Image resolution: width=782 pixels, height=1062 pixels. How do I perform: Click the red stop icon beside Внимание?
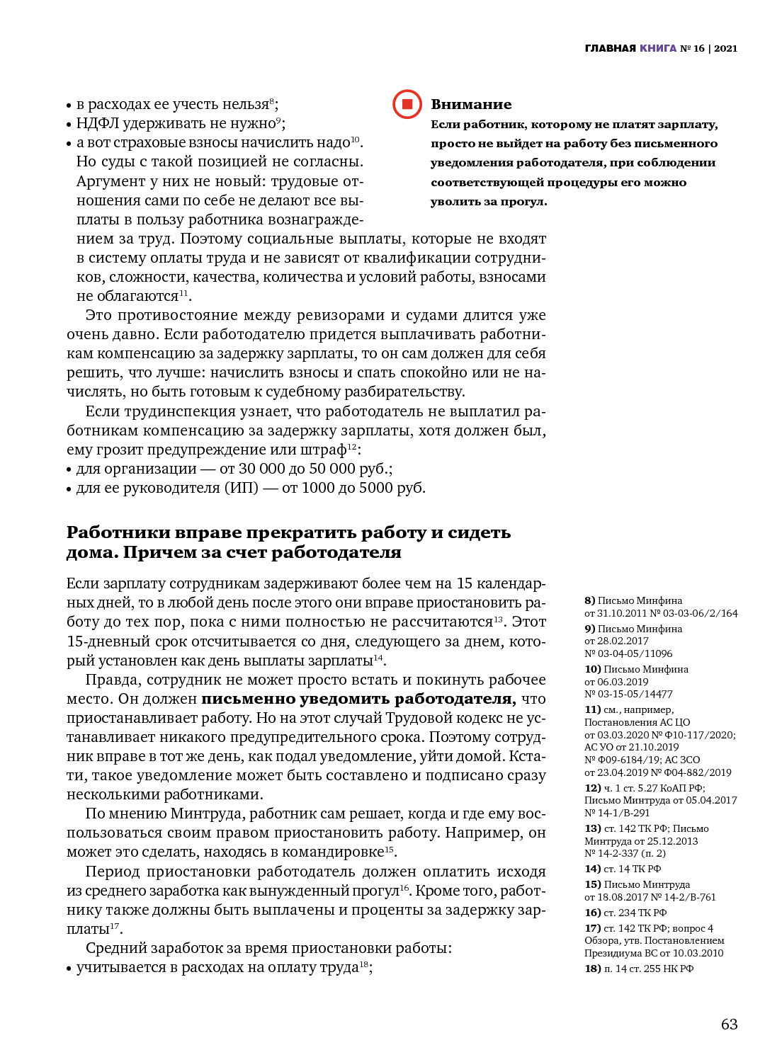coord(407,104)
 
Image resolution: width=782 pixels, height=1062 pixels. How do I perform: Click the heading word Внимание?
coord(471,104)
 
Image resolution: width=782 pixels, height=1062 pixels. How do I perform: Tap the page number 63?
coord(729,1024)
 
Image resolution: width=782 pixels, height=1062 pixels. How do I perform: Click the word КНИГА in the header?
coord(658,48)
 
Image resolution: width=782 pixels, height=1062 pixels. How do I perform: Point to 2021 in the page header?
coord(725,48)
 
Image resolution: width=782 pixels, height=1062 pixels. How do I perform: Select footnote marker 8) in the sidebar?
coord(589,600)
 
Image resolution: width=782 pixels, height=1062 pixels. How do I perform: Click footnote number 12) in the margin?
coord(592,788)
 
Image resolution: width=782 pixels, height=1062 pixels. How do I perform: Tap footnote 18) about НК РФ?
coord(592,969)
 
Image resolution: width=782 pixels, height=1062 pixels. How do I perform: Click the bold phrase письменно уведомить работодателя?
coord(358,699)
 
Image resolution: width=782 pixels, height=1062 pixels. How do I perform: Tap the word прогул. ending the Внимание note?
coord(523,202)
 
